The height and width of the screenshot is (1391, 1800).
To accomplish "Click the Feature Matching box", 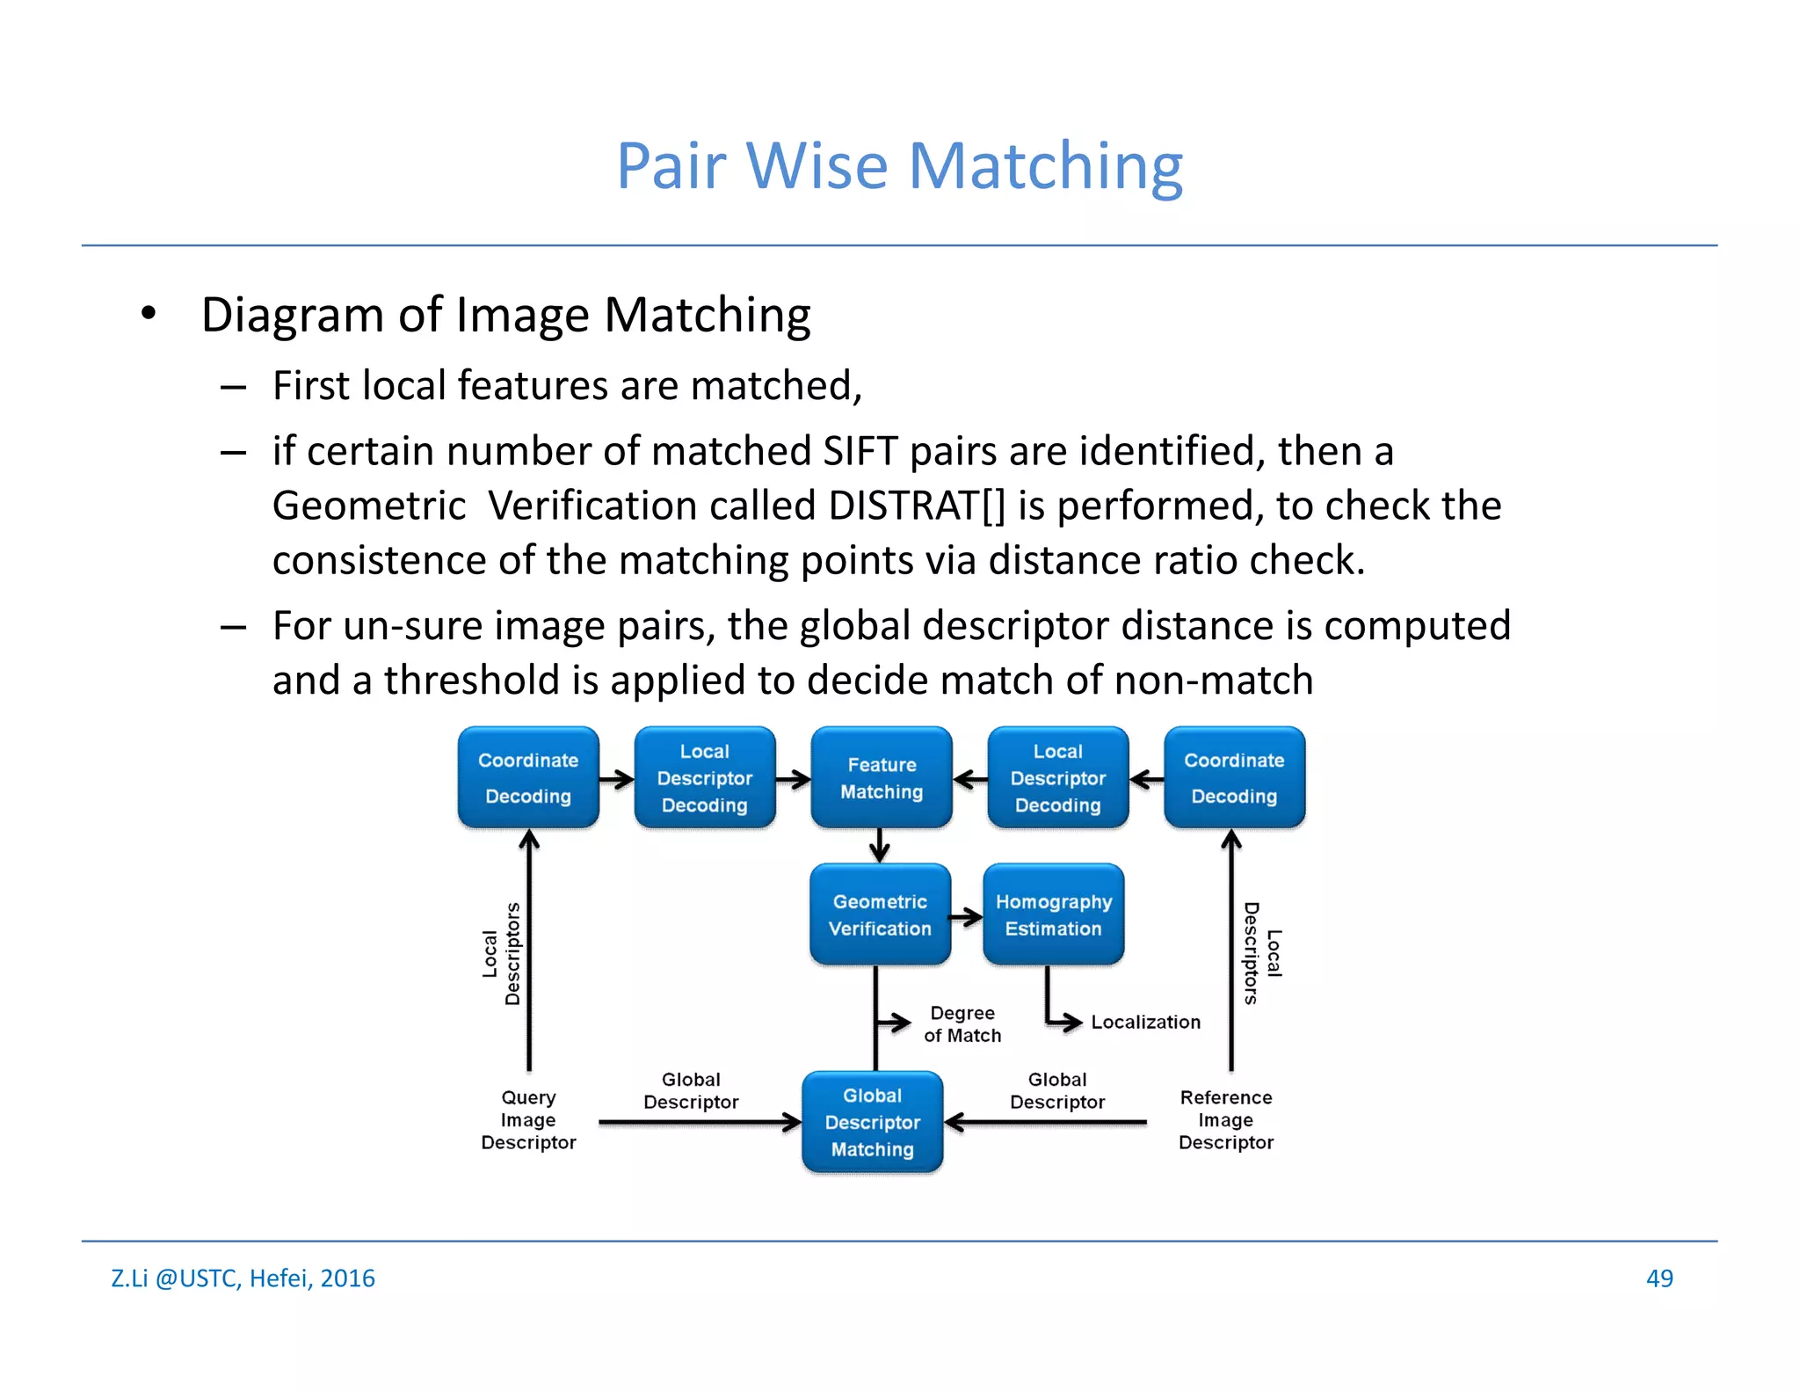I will pyautogui.click(x=881, y=778).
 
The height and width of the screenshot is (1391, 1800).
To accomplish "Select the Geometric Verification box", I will pyautogui.click(x=880, y=915).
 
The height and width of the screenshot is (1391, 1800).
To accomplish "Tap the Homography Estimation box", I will pyautogui.click(x=1053, y=915).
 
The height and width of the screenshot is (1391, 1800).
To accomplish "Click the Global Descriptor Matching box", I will pyautogui.click(x=872, y=1123).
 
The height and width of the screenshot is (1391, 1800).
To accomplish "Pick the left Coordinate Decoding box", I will pyautogui.click(x=528, y=778).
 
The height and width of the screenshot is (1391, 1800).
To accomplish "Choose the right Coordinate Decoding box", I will pyautogui.click(x=1234, y=778).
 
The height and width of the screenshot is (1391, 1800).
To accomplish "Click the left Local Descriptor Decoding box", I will pyautogui.click(x=705, y=778).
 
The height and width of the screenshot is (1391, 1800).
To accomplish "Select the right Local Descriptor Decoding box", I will pyautogui.click(x=1057, y=778).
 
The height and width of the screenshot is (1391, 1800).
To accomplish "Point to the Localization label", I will pyautogui.click(x=1145, y=1023).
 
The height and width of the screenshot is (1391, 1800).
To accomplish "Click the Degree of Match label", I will pyautogui.click(x=962, y=1024).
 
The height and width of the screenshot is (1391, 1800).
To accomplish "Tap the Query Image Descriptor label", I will pyautogui.click(x=528, y=1120).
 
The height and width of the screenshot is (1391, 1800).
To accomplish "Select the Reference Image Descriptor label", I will pyautogui.click(x=1226, y=1120).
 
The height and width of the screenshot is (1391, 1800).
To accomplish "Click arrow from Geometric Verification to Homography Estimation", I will pyautogui.click(x=967, y=918).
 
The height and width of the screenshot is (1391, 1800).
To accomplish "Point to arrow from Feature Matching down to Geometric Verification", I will pyautogui.click(x=880, y=846).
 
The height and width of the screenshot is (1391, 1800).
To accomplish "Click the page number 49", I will pyautogui.click(x=1658, y=1278).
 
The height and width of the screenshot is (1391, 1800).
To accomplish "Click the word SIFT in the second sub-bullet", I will pyautogui.click(x=860, y=451).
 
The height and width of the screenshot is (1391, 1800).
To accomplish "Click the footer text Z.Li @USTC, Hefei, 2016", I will pyautogui.click(x=243, y=1278).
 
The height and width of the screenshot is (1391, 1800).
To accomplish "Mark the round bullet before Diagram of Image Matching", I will pyautogui.click(x=149, y=313).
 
